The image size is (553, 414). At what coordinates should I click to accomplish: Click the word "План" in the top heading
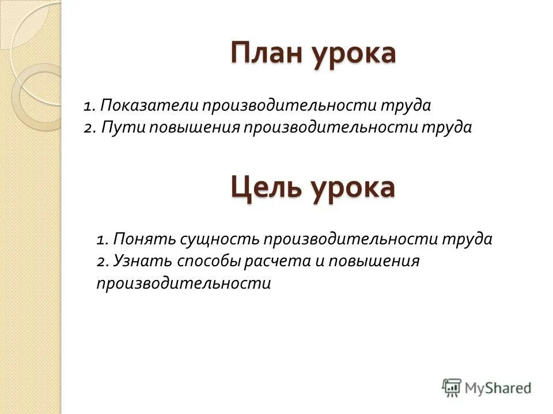click(x=267, y=53)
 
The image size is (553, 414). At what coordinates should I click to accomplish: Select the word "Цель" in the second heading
click(x=267, y=187)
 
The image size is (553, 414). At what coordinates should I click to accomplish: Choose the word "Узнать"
click(x=141, y=261)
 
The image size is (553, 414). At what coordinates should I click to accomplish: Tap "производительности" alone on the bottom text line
click(x=183, y=283)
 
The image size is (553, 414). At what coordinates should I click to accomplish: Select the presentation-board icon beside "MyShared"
click(x=452, y=388)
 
